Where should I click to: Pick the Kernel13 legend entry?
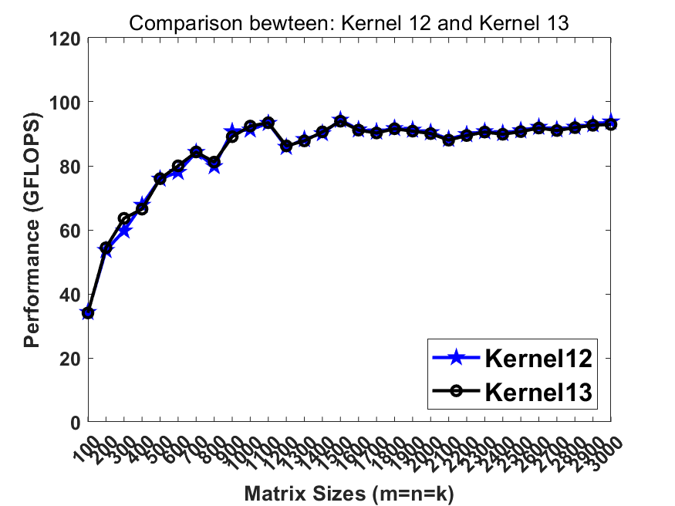(x=538, y=392)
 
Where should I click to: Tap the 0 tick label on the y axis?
(x=74, y=422)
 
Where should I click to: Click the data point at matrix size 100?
(x=88, y=313)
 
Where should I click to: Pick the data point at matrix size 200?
(x=106, y=248)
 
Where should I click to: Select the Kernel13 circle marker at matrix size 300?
(x=124, y=219)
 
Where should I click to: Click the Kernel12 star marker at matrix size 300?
(x=124, y=231)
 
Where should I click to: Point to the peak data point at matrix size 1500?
(x=340, y=121)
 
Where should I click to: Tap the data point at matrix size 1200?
(x=286, y=146)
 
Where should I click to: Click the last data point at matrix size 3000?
(x=611, y=123)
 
